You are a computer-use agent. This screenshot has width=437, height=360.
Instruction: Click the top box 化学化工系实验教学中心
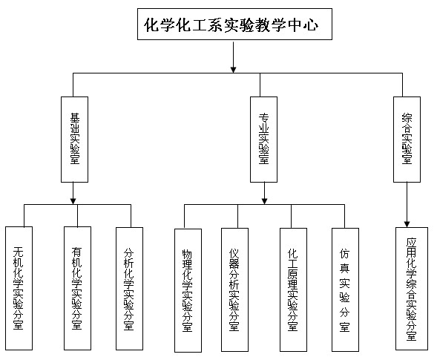[x=234, y=24]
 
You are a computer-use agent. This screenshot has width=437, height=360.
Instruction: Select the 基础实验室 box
[x=74, y=140]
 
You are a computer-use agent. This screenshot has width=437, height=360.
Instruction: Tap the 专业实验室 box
[x=263, y=140]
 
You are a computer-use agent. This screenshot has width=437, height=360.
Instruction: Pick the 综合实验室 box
[x=407, y=140]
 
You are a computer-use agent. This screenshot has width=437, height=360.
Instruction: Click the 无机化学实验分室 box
[x=19, y=288]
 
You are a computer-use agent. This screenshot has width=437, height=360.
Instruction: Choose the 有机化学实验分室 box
[x=77, y=288]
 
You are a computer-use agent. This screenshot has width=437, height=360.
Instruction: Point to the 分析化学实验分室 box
[x=129, y=289]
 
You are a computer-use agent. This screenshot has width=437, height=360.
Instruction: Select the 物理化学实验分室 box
[x=188, y=290]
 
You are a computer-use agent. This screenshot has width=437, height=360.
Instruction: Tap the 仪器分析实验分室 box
[x=234, y=289]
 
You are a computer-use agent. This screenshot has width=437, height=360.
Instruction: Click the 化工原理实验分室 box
[x=293, y=289]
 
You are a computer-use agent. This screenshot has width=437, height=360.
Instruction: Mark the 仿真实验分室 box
[x=345, y=289]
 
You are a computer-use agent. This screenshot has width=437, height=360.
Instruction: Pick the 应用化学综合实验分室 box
[x=412, y=289]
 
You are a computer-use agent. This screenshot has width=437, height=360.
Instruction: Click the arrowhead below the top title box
[x=233, y=70]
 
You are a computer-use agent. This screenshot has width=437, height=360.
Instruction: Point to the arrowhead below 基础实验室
[x=73, y=200]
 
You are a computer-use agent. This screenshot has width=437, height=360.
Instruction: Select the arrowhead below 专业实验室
[x=264, y=200]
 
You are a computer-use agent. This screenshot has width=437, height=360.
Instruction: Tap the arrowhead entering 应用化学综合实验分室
[x=407, y=224]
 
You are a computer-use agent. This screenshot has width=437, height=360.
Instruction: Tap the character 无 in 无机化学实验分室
[x=19, y=252]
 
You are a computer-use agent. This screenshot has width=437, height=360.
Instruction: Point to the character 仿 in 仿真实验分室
[x=344, y=253]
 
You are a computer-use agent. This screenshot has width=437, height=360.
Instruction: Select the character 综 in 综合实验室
[x=407, y=118]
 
